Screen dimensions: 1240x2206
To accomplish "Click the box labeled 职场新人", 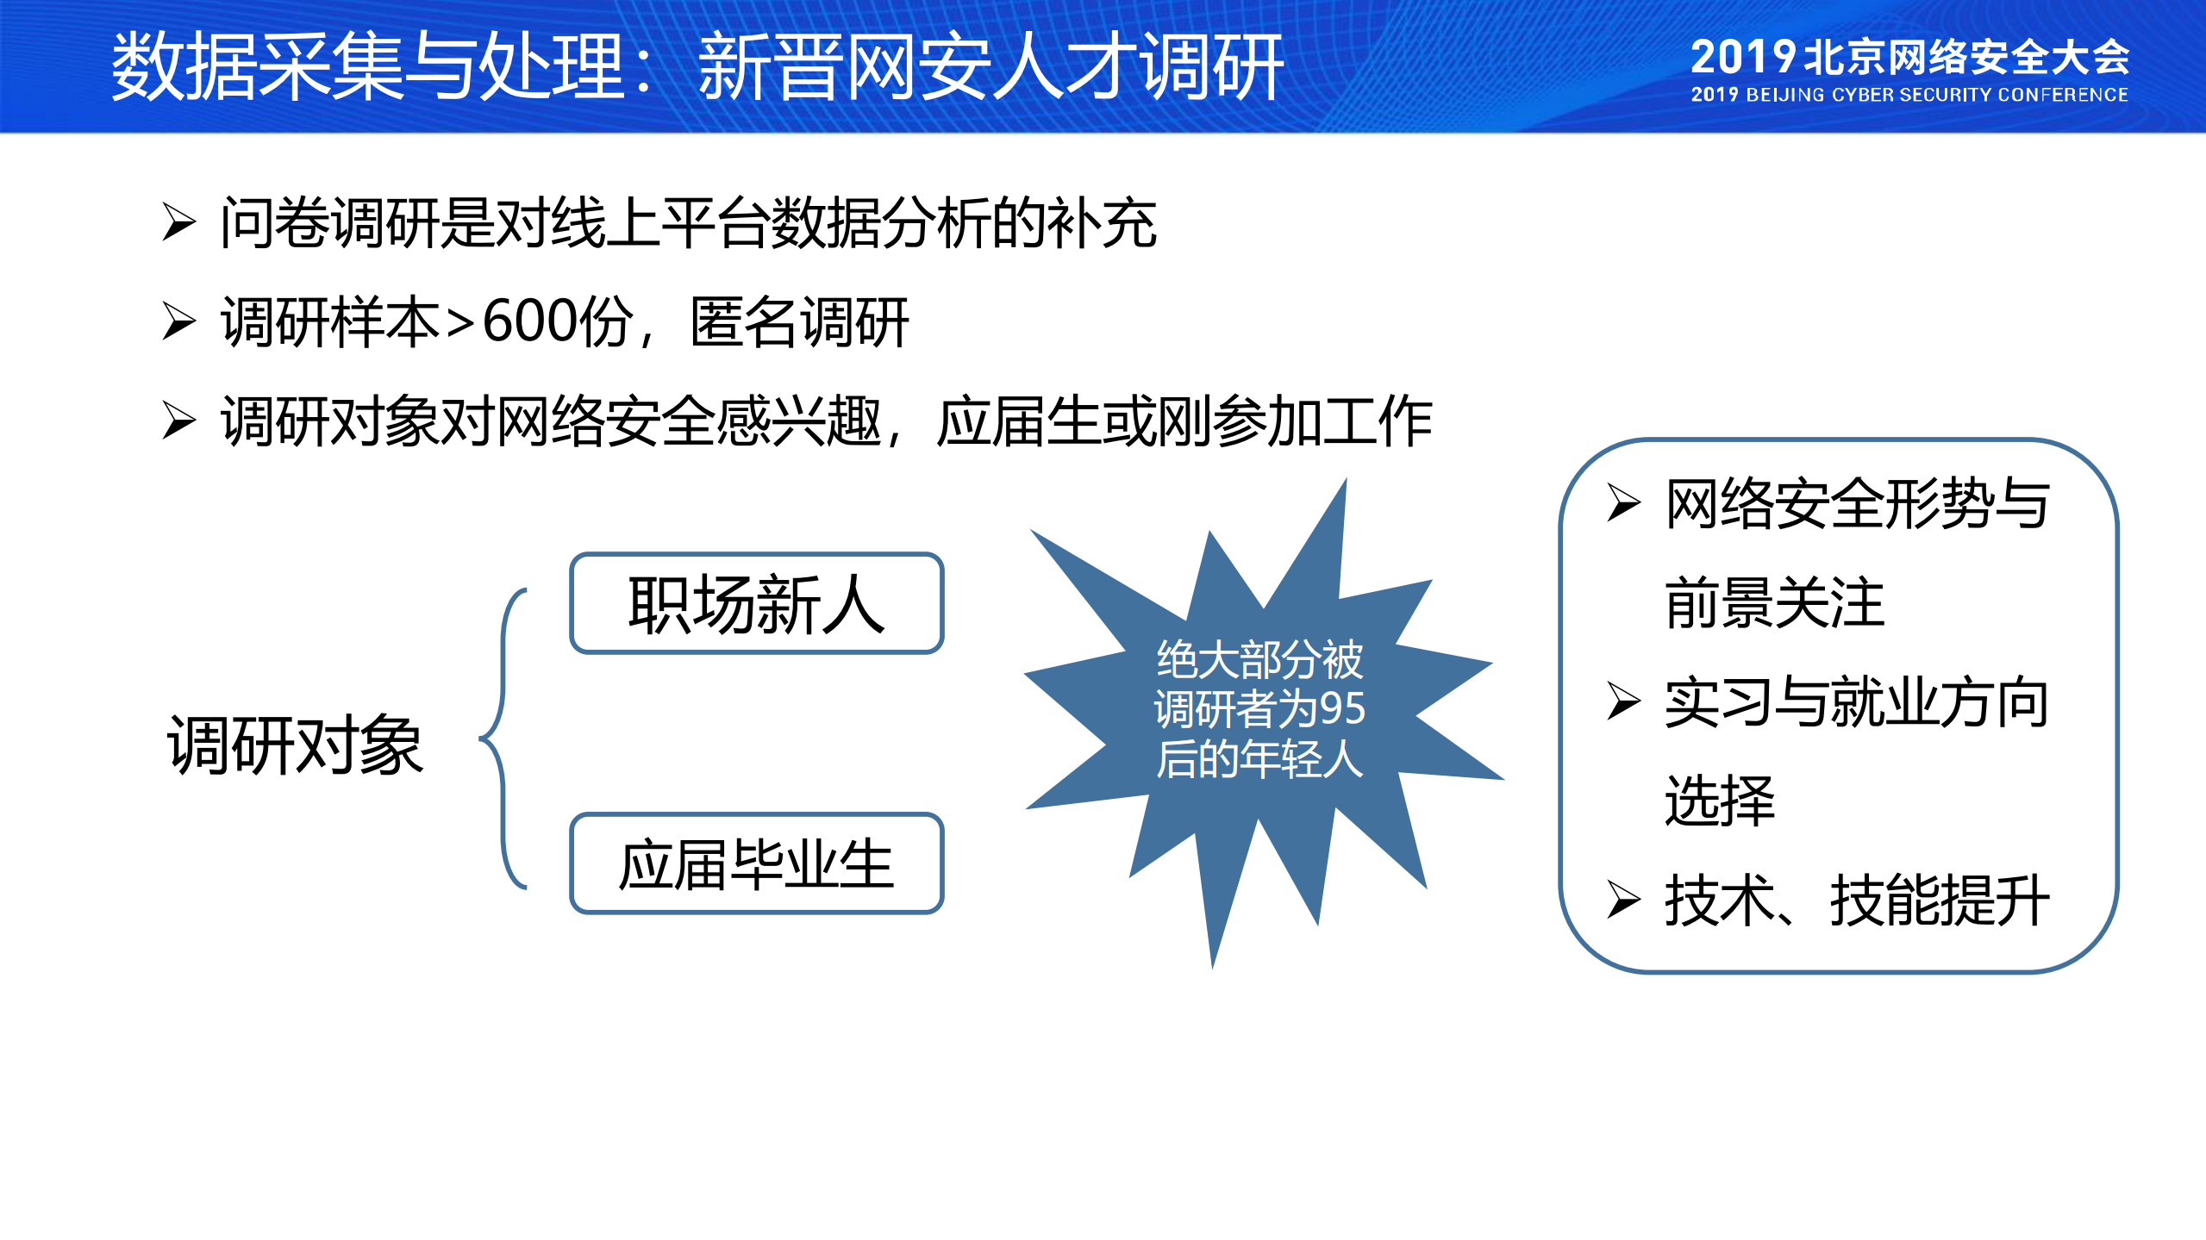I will (757, 604).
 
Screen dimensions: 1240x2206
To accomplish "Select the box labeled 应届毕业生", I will (757, 864).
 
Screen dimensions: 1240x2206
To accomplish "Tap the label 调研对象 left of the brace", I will (295, 745).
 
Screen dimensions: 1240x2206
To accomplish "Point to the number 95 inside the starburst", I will (1341, 709).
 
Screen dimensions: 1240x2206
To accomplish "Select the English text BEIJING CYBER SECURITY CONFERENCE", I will (1936, 96).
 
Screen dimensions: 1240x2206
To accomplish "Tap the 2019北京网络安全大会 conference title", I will (1909, 57).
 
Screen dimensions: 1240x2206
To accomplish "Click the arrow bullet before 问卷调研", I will (178, 222).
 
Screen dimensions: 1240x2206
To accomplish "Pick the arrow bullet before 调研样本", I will (178, 322).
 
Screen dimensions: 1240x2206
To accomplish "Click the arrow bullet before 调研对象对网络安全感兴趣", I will (178, 421).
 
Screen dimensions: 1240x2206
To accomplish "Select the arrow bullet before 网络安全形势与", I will (1623, 503).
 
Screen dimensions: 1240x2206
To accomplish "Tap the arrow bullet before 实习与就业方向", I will (1623, 701).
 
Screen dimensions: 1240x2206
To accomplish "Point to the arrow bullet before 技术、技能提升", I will (1623, 900).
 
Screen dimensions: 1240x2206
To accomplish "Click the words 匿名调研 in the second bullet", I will (799, 322).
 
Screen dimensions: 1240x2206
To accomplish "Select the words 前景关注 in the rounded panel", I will (1774, 603).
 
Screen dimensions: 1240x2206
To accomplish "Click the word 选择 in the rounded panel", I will (1719, 801).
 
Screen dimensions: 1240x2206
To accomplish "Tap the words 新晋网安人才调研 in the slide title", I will (991, 67).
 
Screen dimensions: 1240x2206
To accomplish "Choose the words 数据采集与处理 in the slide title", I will (368, 67).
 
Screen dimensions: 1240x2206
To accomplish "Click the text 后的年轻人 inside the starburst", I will (1259, 759).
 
